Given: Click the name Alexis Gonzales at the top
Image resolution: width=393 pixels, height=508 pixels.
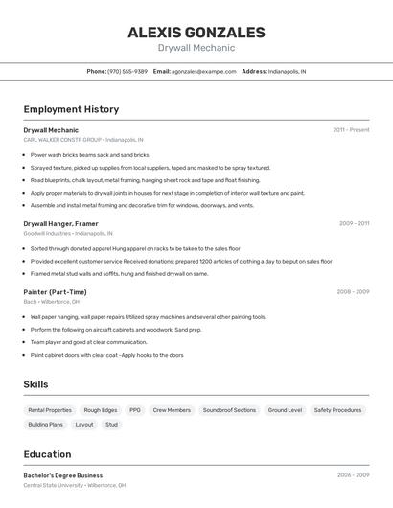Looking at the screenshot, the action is (196, 33).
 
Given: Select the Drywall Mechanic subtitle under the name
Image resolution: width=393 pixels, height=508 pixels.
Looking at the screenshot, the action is (196, 48).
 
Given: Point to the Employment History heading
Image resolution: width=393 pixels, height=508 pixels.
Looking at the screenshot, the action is (71, 109).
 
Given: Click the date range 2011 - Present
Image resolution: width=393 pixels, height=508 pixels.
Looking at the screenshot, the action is (351, 129).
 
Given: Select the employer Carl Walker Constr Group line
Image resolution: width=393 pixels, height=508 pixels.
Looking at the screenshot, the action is (83, 139).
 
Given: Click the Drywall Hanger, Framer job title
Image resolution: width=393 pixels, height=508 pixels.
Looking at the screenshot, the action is (60, 223).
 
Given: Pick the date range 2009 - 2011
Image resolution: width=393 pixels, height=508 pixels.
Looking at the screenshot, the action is (354, 223).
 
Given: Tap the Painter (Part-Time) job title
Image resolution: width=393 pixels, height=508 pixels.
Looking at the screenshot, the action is (55, 292).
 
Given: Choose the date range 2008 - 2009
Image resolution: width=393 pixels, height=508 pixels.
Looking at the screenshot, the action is (353, 292).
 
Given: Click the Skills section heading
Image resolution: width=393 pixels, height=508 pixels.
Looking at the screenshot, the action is (36, 384).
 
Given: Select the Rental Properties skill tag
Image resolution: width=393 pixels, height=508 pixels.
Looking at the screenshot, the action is (50, 410).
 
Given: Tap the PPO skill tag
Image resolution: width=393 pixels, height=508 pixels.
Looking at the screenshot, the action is (135, 410).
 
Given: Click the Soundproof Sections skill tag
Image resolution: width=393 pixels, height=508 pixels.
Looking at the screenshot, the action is (229, 410).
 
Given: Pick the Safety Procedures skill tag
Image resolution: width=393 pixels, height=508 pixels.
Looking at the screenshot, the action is (337, 410).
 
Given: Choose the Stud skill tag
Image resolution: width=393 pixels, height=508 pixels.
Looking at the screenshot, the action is (112, 424).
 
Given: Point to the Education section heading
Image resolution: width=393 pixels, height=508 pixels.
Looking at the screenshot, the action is (47, 454).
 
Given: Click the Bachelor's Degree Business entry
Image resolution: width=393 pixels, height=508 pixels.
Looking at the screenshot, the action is (63, 475).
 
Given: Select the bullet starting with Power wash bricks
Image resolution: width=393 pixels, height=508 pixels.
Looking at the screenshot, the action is (89, 154).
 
